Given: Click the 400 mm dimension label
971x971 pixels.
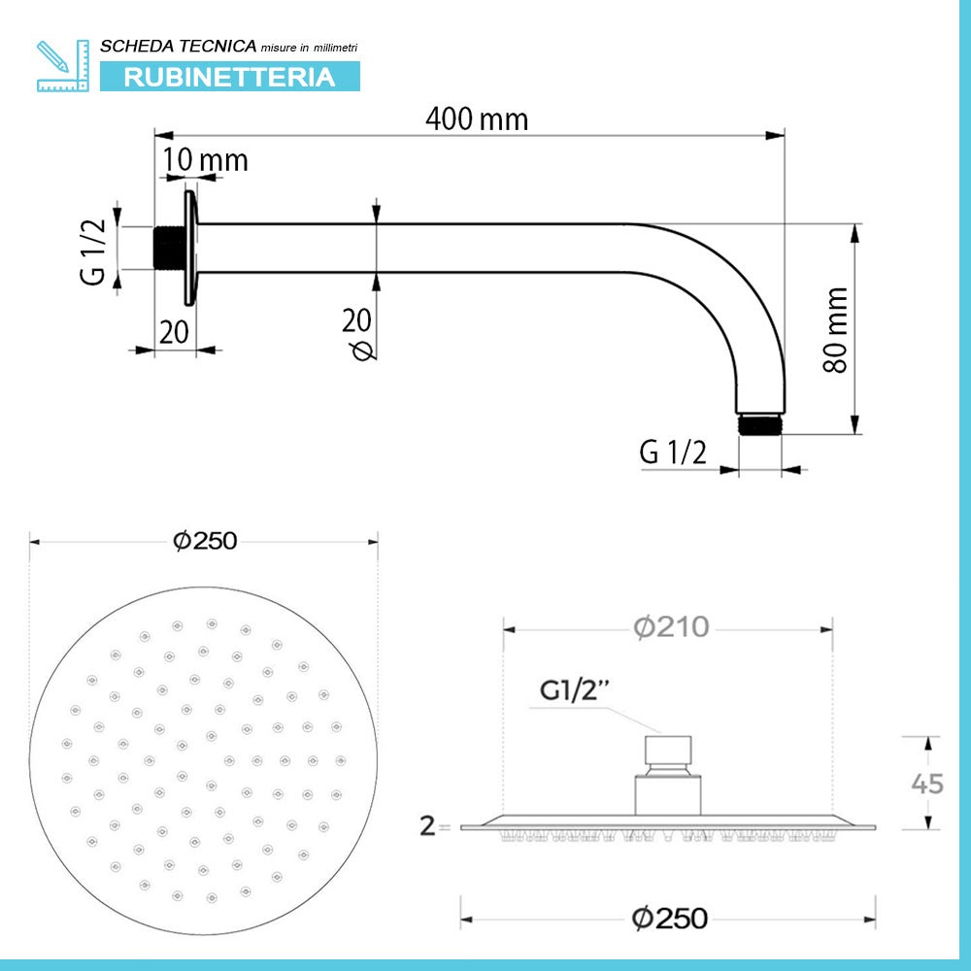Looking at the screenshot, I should [x=477, y=119].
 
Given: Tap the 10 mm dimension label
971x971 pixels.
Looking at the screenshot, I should [x=205, y=159].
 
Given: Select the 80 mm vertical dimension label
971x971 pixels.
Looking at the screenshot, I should [x=835, y=329].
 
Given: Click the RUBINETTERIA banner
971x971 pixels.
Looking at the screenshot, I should [x=229, y=77].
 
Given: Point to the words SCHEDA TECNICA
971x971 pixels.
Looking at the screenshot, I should [x=179, y=46].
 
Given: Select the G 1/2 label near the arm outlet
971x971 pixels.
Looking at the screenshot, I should [x=673, y=452].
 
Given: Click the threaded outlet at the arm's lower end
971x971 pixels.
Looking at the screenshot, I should [x=759, y=424].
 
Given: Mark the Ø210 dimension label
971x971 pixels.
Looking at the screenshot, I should [x=671, y=628].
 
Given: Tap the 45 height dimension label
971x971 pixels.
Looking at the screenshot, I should [x=928, y=783].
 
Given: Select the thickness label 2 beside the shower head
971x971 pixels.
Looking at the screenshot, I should [x=426, y=826].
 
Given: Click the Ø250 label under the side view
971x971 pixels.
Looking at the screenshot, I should [x=669, y=917].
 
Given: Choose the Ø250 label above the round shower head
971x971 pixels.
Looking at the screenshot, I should [x=205, y=542].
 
